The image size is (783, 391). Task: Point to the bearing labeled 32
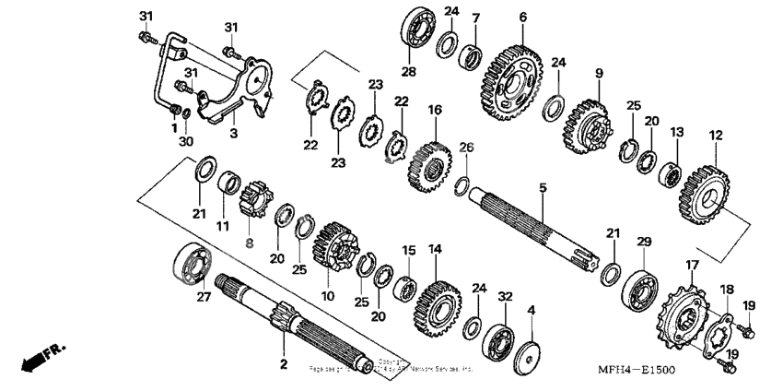tap(500, 338)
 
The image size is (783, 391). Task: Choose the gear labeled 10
tap(331, 250)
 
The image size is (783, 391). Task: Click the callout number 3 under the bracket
tap(233, 133)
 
